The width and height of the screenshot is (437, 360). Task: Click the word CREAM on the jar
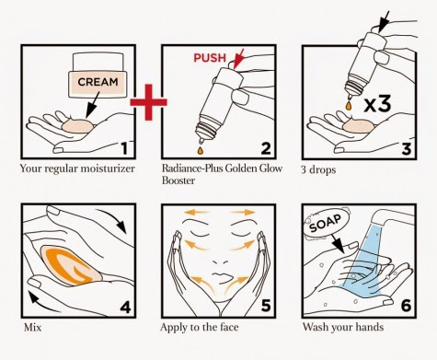[x=98, y=82]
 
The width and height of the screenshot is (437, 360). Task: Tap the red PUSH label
[x=210, y=58]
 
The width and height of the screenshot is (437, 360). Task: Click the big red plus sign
[x=149, y=102]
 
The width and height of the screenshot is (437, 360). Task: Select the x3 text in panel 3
[x=377, y=104]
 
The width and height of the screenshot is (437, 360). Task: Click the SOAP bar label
[x=326, y=224]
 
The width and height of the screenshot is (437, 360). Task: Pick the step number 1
[x=124, y=148]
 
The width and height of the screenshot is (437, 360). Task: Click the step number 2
[x=266, y=148]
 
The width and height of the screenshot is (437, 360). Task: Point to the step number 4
[x=125, y=307]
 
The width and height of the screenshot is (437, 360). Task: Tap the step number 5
[x=266, y=307]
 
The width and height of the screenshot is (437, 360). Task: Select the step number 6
[x=406, y=306]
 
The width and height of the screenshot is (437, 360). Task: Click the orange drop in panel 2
[x=201, y=150]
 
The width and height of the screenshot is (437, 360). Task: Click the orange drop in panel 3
[x=349, y=105]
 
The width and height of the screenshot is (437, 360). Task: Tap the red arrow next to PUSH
[x=238, y=58]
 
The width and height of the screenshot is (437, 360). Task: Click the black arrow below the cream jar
[x=93, y=105]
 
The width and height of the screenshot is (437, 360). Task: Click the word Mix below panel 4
[x=32, y=327]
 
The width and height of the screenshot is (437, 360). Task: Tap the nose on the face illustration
[x=220, y=261]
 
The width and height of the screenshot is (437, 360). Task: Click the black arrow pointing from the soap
[x=338, y=244]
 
